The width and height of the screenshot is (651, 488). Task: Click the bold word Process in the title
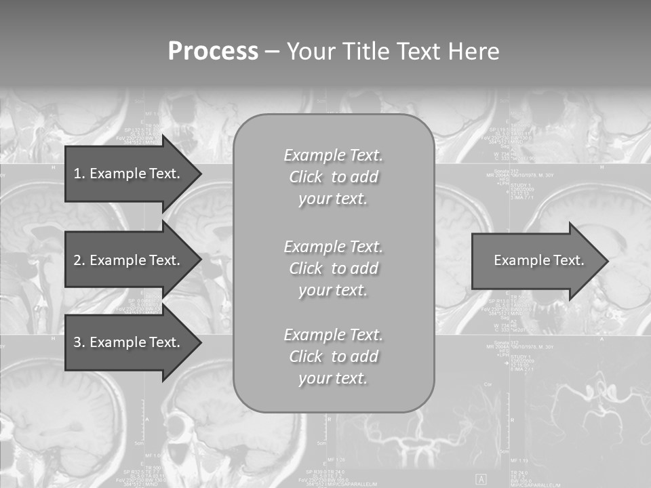pos(213,52)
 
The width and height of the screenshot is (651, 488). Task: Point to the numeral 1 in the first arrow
pos(77,174)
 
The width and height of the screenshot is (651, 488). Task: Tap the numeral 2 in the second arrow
pos(77,260)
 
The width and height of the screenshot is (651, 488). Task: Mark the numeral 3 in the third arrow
pos(77,342)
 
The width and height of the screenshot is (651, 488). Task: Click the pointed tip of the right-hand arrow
pos(605,261)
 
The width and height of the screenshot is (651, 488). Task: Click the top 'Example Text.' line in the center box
pos(333,155)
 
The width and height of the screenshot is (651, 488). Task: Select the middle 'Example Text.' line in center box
pos(333,246)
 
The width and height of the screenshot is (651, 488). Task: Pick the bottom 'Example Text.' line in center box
pos(333,335)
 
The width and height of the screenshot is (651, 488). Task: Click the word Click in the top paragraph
pos(306,178)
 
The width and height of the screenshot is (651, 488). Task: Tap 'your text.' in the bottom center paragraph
pos(333,379)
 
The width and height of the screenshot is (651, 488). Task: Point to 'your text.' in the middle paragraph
pos(333,290)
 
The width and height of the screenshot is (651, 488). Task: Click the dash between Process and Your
pos(273,52)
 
